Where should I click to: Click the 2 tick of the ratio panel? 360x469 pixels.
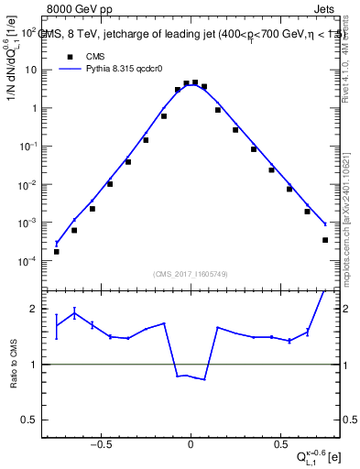(x=35, y=309)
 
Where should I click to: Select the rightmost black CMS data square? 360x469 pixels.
(x=325, y=240)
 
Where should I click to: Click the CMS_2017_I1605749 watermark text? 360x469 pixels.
(x=191, y=274)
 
